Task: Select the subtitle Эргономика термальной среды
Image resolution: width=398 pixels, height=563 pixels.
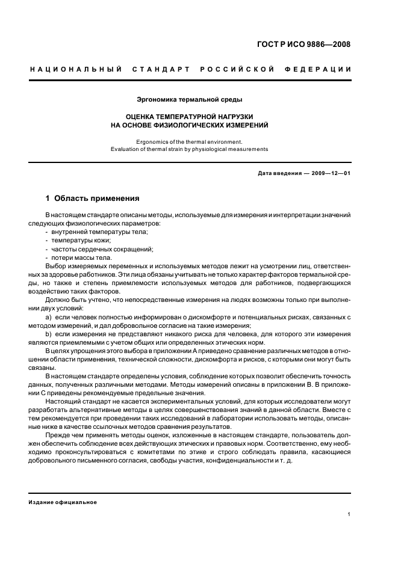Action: tap(190, 99)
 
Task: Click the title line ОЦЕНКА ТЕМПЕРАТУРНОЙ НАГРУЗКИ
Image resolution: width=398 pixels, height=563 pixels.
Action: tap(190, 116)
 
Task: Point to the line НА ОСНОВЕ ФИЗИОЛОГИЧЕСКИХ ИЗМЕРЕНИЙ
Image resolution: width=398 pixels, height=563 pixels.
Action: tap(190, 125)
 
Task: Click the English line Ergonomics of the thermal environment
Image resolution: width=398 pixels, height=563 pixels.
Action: tap(190, 141)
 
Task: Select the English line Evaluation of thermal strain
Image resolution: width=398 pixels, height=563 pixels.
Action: tap(190, 149)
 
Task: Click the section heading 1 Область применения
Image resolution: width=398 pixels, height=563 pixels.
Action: tap(93, 198)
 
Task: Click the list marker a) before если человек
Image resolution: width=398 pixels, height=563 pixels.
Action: tap(48, 316)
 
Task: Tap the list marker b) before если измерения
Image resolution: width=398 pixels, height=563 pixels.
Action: tap(48, 333)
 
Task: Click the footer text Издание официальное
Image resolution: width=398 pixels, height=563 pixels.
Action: tap(63, 502)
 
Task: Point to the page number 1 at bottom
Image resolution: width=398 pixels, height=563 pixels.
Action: tap(349, 514)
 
